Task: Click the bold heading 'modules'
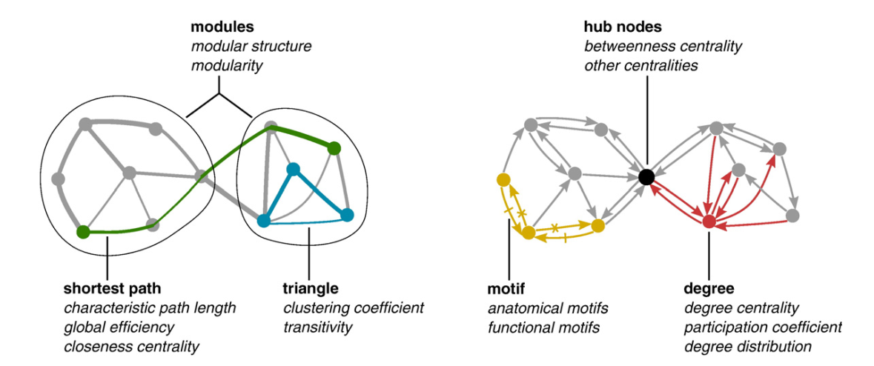click(222, 27)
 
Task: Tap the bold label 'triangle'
click(311, 287)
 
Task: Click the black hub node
click(646, 176)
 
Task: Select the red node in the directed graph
click(709, 221)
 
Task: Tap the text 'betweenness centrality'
click(663, 47)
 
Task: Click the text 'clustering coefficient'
click(352, 307)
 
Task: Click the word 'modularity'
click(227, 66)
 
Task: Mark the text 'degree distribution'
click(748, 345)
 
